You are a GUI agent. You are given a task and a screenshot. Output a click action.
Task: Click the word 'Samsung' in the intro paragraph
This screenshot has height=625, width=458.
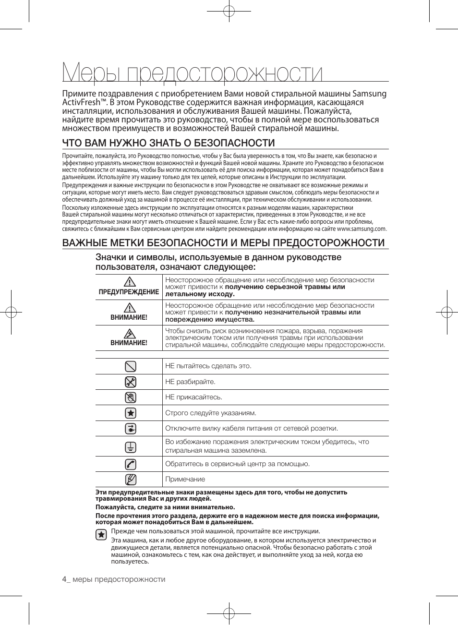tap(369, 94)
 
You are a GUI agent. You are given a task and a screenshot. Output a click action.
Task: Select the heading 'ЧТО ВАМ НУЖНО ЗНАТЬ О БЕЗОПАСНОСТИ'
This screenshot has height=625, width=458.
tap(169, 143)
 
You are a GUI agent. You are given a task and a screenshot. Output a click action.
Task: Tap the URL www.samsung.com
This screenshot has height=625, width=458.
tap(362, 229)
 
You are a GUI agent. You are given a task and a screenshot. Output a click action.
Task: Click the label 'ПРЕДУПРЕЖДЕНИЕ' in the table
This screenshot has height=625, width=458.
tap(129, 292)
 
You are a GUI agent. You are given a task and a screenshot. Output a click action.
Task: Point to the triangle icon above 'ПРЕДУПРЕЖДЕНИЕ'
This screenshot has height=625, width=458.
tap(129, 282)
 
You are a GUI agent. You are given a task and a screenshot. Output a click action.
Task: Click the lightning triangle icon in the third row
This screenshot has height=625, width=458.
tap(129, 333)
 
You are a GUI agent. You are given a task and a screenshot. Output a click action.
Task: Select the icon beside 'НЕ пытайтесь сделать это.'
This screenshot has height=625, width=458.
tap(130, 366)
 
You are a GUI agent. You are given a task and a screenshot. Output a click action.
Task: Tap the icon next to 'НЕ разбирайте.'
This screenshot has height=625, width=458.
tap(130, 382)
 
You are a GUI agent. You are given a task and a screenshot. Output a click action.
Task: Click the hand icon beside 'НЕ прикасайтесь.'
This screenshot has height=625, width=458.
tap(130, 397)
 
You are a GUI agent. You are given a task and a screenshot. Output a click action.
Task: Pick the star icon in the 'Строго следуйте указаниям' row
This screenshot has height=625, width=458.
tap(130, 413)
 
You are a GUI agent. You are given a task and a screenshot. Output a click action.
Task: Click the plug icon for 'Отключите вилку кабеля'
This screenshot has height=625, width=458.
tap(130, 429)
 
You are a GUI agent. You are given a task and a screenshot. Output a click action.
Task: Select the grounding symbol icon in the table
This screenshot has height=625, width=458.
tap(130, 446)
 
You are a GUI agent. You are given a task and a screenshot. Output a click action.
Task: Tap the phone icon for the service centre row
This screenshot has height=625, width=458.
tap(130, 464)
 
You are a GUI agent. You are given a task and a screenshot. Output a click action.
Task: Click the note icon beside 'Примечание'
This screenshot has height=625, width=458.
tap(130, 479)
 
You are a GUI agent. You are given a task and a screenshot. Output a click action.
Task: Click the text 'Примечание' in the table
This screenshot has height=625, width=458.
tap(185, 479)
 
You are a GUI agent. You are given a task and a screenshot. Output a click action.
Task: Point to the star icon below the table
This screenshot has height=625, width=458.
tap(101, 534)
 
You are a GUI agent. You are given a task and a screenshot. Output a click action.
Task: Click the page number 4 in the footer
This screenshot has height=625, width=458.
tap(64, 579)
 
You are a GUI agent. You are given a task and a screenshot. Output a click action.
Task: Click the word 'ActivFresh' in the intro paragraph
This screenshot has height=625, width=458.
tap(81, 102)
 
